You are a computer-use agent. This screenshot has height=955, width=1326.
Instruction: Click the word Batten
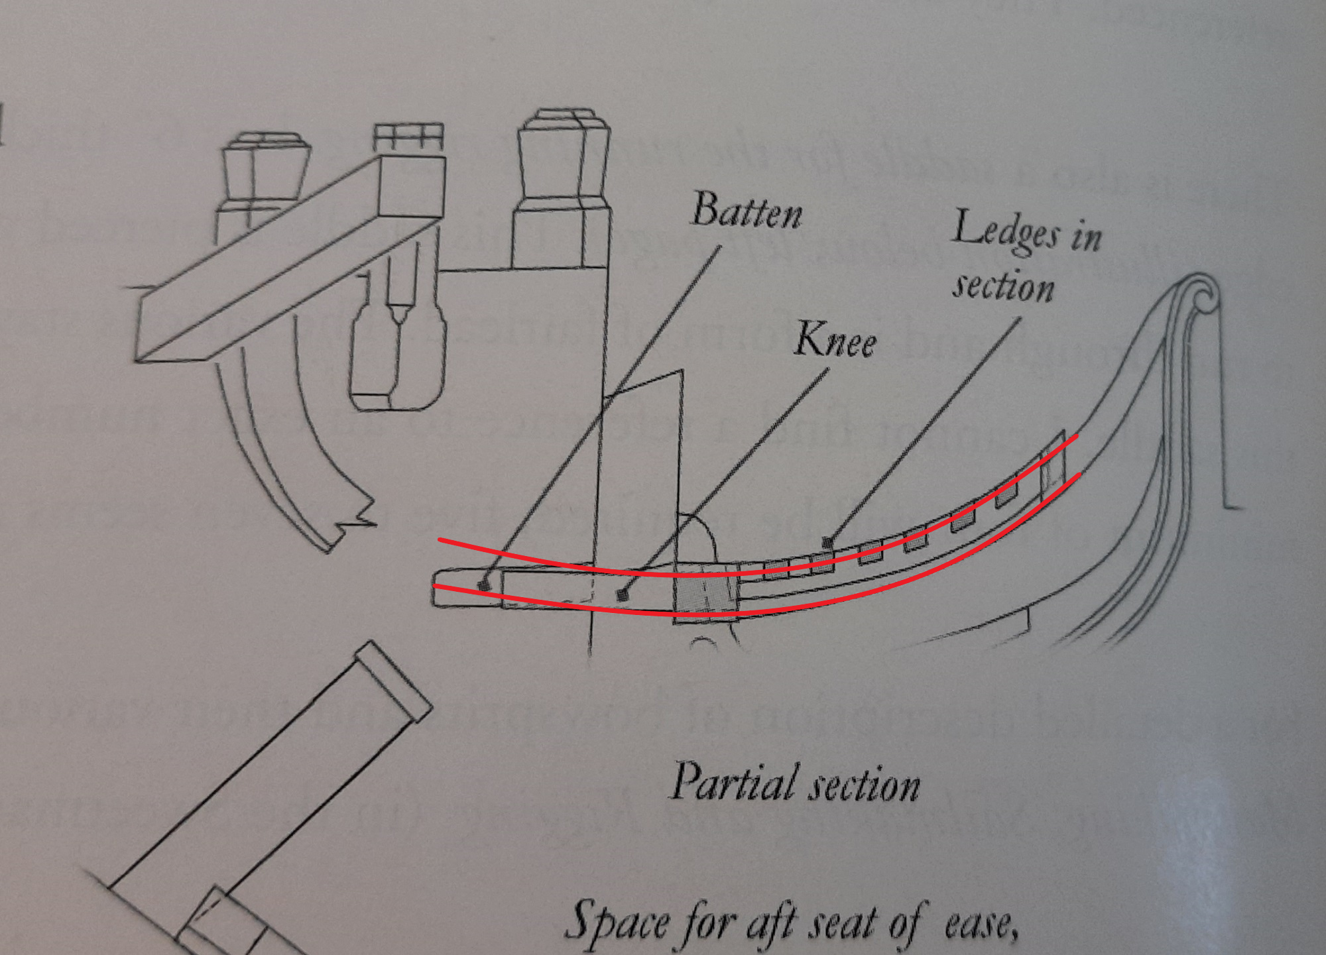click(747, 211)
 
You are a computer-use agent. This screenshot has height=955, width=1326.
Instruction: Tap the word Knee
click(835, 341)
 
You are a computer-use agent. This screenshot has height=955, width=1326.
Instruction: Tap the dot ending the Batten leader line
click(485, 586)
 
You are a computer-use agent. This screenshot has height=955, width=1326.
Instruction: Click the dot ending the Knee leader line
click(622, 595)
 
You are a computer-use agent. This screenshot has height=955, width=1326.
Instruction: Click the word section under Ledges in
click(1003, 287)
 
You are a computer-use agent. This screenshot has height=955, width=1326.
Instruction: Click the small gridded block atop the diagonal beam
click(408, 138)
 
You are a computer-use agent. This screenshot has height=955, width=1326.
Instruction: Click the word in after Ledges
click(1086, 237)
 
